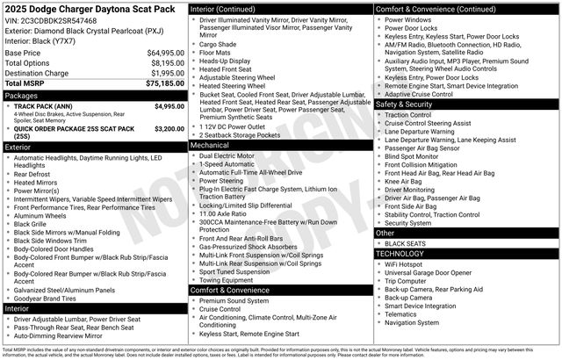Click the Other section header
click(385, 233)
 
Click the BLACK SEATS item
click(406, 243)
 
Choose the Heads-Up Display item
click(225, 61)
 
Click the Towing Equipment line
click(228, 280)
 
